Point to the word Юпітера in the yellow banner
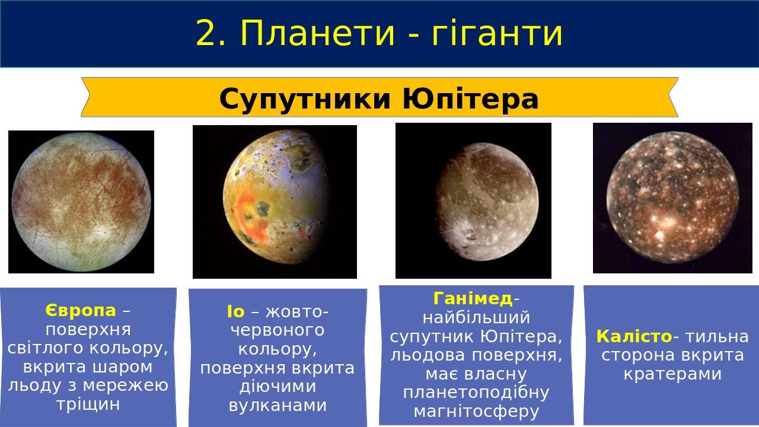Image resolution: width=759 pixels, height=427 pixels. [470, 98]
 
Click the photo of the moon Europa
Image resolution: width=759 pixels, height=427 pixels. [81, 202]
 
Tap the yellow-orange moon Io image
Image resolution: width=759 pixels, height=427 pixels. [275, 202]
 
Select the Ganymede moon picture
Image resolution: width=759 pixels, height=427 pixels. [473, 200]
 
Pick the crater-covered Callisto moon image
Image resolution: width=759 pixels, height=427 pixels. [672, 198]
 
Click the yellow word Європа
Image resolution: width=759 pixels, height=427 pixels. [81, 310]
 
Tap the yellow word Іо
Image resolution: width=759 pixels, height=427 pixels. [235, 311]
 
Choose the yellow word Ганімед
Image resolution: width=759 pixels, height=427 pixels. [473, 298]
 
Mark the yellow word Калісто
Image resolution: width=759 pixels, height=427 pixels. [634, 336]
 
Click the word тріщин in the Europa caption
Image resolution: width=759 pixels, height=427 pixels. [88, 404]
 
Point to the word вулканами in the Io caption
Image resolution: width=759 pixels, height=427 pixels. [278, 406]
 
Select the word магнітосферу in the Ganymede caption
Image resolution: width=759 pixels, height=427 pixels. [476, 412]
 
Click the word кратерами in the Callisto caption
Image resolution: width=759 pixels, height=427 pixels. [672, 374]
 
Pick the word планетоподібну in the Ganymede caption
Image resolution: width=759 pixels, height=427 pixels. [476, 393]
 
